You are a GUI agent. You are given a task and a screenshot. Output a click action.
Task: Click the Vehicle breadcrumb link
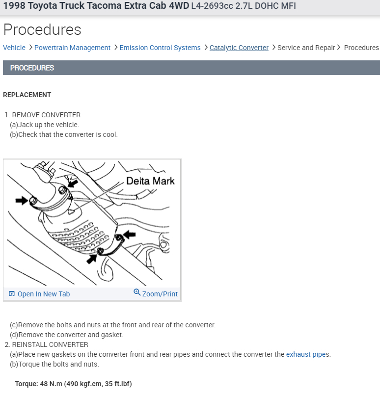pyautogui.click(x=14, y=48)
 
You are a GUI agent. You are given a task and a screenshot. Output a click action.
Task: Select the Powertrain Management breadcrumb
pyautogui.click(x=72, y=48)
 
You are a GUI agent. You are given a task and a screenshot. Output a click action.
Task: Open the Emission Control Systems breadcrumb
pyautogui.click(x=160, y=48)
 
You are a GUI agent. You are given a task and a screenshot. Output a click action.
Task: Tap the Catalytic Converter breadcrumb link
pyautogui.click(x=239, y=48)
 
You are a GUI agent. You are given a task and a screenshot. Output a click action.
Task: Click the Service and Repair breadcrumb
pyautogui.click(x=306, y=48)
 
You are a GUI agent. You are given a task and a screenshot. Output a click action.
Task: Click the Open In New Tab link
pyautogui.click(x=44, y=294)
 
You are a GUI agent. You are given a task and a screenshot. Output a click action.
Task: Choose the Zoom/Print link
pyautogui.click(x=160, y=294)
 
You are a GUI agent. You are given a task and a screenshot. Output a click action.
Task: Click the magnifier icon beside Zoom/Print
pyautogui.click(x=137, y=292)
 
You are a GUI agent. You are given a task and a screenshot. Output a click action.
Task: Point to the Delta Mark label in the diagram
pyautogui.click(x=150, y=181)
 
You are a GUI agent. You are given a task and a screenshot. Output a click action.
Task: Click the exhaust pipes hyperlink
pyautogui.click(x=308, y=354)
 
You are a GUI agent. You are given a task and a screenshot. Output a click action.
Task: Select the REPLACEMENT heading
pyautogui.click(x=27, y=95)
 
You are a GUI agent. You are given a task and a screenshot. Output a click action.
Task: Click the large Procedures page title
pyautogui.click(x=42, y=29)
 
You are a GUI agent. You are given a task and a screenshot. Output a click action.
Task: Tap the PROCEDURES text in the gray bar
pyautogui.click(x=32, y=68)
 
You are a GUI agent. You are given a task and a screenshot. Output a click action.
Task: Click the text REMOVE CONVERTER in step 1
pyautogui.click(x=46, y=115)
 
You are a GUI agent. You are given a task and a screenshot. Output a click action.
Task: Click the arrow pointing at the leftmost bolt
pyautogui.click(x=22, y=200)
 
